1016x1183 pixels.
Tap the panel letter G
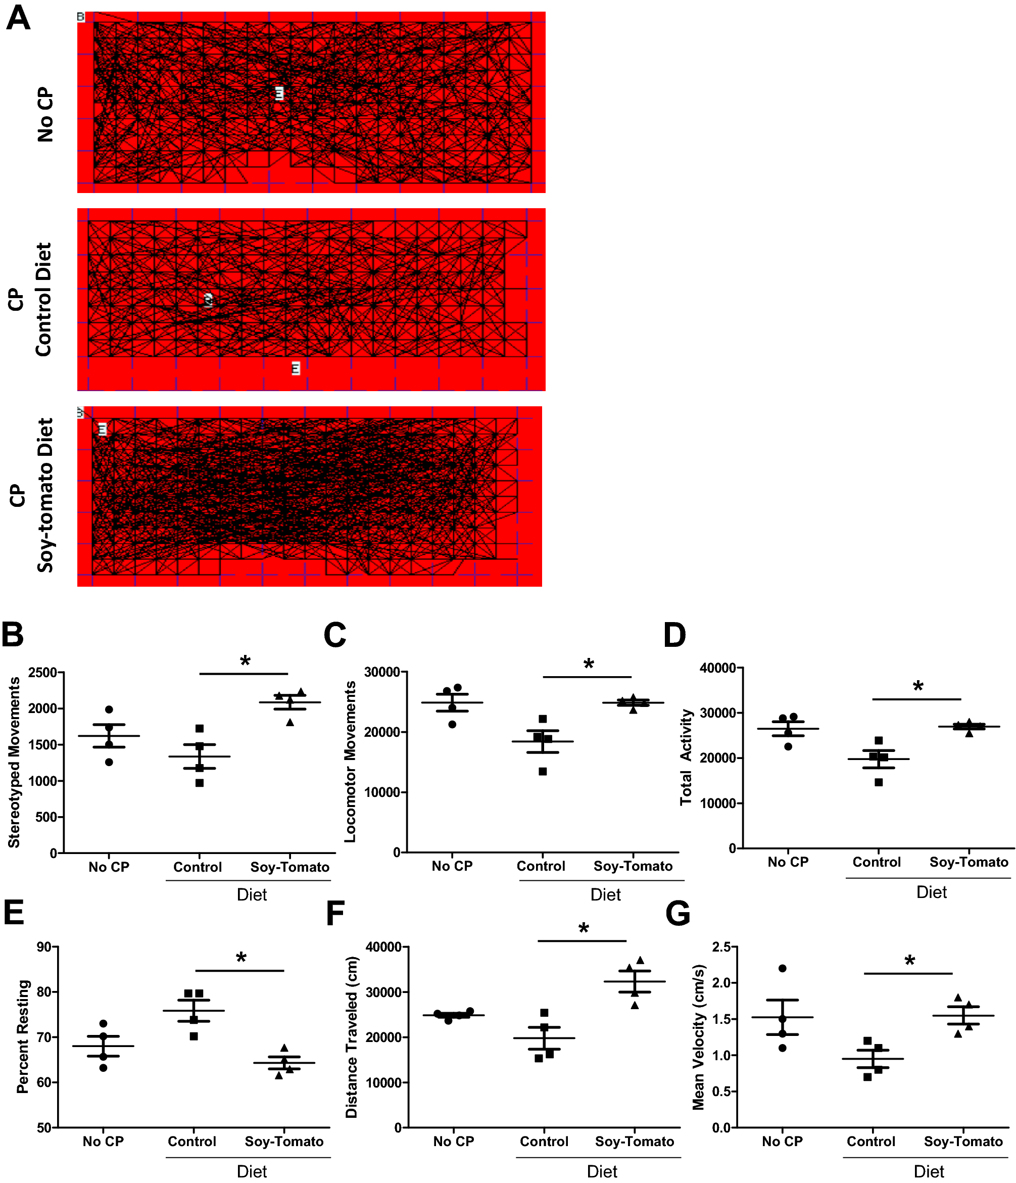(x=678, y=913)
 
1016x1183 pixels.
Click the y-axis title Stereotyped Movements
(x=14, y=763)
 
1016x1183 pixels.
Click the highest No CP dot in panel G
(x=783, y=968)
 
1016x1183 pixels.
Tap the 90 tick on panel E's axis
(x=44, y=947)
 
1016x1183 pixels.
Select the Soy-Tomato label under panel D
(x=969, y=862)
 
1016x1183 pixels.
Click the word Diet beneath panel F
(x=602, y=1171)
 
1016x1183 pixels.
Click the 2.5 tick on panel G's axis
(x=721, y=947)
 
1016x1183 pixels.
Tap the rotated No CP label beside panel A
(x=45, y=114)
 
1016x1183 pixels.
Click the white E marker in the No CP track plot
(x=279, y=93)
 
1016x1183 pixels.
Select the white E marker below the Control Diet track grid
(x=296, y=368)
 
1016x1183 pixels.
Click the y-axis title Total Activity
(x=686, y=758)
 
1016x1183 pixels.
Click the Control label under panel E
(x=192, y=1142)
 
